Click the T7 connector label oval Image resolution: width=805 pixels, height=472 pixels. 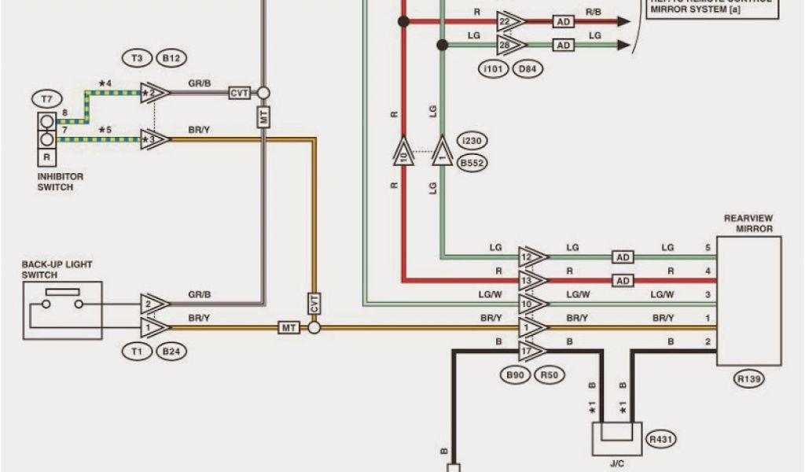click(x=46, y=99)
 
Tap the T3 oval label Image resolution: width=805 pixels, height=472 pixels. click(x=137, y=58)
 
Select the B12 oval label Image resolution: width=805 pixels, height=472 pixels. click(x=171, y=58)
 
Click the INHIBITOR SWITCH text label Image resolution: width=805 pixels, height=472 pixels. click(x=61, y=182)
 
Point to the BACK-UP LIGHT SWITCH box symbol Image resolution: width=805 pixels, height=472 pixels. click(x=63, y=310)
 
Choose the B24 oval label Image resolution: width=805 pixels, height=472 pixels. click(x=171, y=352)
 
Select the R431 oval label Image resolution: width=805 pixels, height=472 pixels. click(x=661, y=439)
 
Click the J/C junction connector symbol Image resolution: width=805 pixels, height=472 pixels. click(x=616, y=438)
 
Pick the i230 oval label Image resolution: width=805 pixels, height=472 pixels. click(x=472, y=142)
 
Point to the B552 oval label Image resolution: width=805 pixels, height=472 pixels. click(x=472, y=164)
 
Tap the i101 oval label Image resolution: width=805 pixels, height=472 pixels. click(x=492, y=69)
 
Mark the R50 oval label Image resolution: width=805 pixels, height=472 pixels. click(x=550, y=375)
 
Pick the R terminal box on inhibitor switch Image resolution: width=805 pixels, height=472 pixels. click(x=47, y=157)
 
